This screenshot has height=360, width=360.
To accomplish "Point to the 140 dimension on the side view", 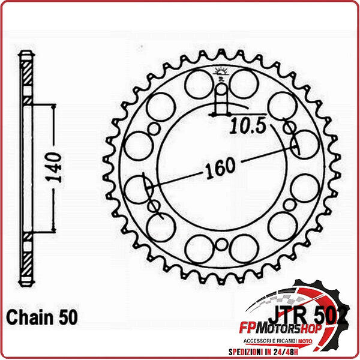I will (x=55, y=167).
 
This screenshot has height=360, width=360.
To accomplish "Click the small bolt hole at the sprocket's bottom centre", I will (x=221, y=244).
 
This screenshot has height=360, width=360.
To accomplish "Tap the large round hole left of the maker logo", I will (x=198, y=83).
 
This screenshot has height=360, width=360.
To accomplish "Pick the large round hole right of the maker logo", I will (x=244, y=83).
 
